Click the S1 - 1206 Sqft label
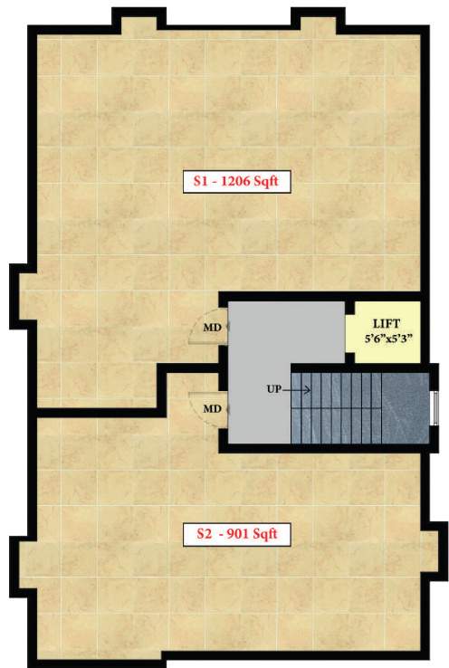[x=234, y=181]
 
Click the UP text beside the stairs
[x=275, y=389]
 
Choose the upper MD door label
[x=211, y=327]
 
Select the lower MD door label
[x=211, y=409]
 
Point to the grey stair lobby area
[x=257, y=362]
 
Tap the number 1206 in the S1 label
[x=250, y=181]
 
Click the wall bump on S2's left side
[x=24, y=567]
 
